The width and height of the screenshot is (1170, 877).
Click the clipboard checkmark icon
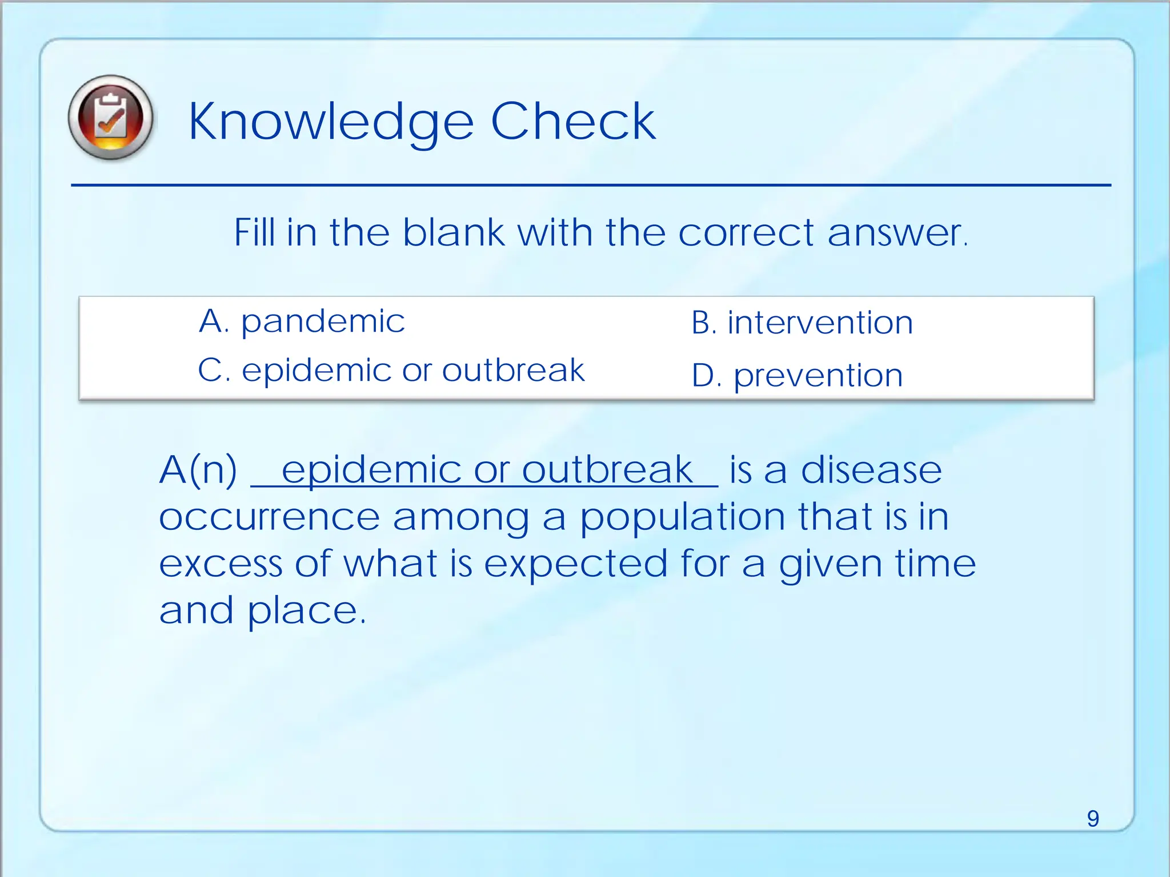(110, 118)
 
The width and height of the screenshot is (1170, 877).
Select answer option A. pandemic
(302, 321)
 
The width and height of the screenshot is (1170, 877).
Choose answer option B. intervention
(802, 323)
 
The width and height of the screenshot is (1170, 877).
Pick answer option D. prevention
(797, 376)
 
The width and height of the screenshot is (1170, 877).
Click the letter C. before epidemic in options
(214, 371)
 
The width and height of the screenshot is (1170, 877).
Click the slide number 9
(1092, 819)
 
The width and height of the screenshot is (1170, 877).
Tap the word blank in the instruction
(454, 233)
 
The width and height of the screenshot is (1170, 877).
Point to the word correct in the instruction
(746, 233)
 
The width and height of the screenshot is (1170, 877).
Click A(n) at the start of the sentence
(198, 470)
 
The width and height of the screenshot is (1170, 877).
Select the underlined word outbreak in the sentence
(607, 470)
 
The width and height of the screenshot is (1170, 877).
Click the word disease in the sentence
(871, 470)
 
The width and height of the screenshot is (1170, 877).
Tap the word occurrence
(269, 518)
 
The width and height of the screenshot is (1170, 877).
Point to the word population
(682, 518)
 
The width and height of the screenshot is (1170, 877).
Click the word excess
(221, 564)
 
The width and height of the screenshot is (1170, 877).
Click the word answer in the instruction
(895, 233)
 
